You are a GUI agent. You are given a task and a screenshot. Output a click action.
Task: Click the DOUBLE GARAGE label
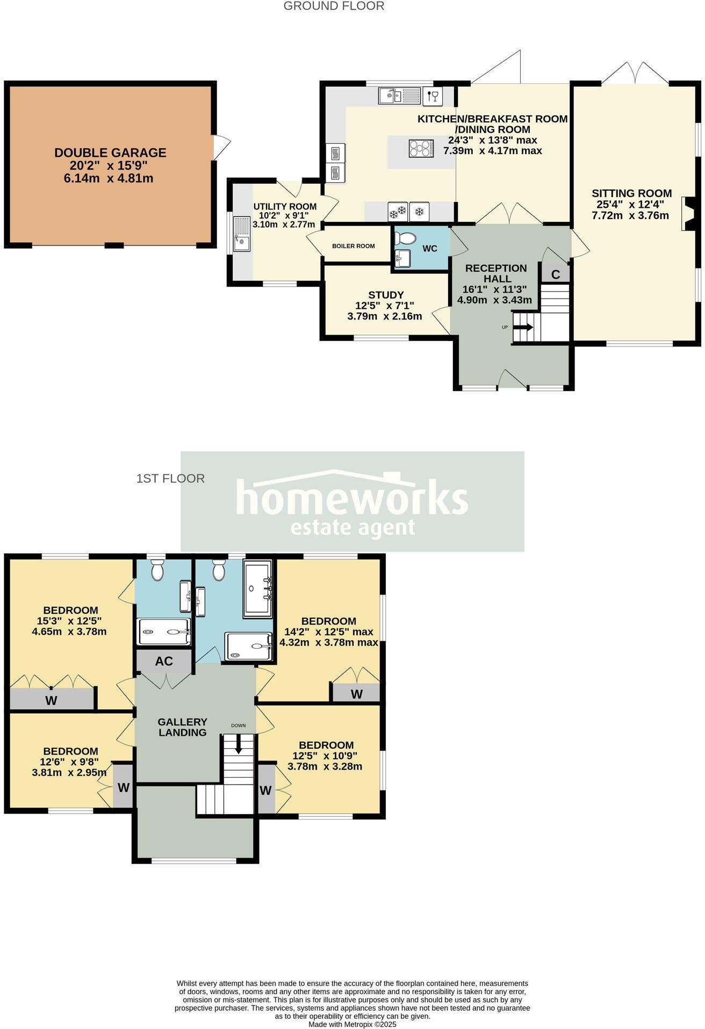(x=110, y=153)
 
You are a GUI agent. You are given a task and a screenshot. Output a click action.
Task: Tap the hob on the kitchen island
(x=421, y=148)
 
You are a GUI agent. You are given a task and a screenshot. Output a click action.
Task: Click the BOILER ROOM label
(x=353, y=246)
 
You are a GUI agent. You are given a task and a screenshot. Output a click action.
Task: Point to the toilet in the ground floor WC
(x=405, y=238)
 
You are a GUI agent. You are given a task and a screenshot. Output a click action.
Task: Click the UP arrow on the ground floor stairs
(x=523, y=327)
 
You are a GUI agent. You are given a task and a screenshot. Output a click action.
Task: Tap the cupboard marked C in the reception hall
(x=556, y=274)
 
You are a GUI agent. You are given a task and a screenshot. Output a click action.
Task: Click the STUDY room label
(x=386, y=295)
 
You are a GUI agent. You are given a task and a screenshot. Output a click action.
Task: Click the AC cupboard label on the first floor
(x=164, y=661)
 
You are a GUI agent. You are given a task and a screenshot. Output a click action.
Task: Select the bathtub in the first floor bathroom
(x=258, y=589)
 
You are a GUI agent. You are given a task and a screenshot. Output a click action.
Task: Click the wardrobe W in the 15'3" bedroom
(x=51, y=700)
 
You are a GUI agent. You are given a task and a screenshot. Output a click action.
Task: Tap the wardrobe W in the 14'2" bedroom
(x=357, y=694)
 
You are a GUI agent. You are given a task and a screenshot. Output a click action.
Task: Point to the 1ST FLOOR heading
(x=170, y=478)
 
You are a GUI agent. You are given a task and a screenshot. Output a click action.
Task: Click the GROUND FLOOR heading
(x=334, y=6)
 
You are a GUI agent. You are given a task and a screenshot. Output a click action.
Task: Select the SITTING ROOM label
(x=631, y=193)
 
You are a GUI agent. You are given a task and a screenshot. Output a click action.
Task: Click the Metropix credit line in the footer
(x=352, y=1024)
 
